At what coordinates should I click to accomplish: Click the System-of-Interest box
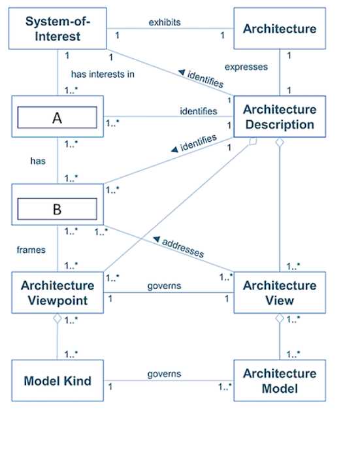pos(57,28)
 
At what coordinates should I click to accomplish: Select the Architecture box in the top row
pos(279,29)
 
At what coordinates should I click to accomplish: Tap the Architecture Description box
pos(279,117)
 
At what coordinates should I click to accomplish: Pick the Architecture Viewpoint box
pos(57,293)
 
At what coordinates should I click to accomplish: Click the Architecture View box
pos(279,293)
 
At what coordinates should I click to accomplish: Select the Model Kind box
pos(57,381)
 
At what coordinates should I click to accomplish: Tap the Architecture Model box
pos(279,381)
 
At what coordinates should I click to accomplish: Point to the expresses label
pos(246,67)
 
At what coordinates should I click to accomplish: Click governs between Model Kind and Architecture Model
pos(164,374)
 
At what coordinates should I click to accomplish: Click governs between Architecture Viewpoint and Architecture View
pos(164,286)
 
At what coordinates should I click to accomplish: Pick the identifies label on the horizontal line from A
pos(198,111)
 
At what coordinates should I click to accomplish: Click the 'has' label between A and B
pos(37,161)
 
